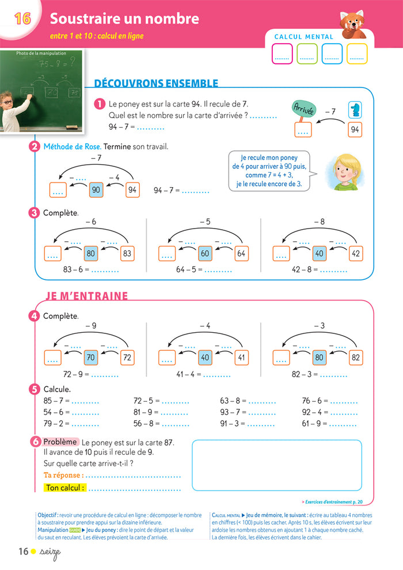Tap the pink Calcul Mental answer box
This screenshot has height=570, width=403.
tap(282, 54)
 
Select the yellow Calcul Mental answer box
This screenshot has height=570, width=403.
tap(357, 54)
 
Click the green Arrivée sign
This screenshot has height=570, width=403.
tap(303, 110)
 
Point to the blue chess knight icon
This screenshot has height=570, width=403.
tap(355, 109)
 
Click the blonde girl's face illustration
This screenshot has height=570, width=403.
tap(341, 171)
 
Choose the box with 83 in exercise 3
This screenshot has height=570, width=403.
tap(127, 253)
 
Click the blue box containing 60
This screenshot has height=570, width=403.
tap(205, 253)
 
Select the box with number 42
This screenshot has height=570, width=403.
tap(356, 253)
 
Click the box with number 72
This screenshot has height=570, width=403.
tap(127, 358)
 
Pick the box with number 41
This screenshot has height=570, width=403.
tap(242, 358)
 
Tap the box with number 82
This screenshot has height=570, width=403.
tap(356, 358)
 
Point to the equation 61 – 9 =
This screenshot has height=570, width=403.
tap(315, 424)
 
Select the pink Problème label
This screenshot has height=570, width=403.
tap(60, 442)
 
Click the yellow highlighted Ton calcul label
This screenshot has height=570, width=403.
tap(64, 488)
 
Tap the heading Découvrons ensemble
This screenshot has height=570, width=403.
tap(155, 84)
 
